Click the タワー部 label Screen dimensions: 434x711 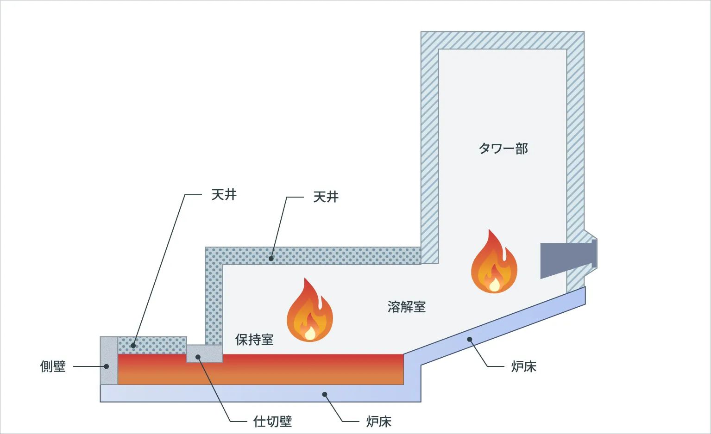[503, 149]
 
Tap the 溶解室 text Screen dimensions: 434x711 [406, 307]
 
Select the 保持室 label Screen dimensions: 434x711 [254, 340]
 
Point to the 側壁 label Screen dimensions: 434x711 [53, 366]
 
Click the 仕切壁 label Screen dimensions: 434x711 [272, 422]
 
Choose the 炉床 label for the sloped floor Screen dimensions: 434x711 [523, 366]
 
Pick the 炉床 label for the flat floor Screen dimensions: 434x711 [378, 422]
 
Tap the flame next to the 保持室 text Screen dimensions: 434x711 [309, 312]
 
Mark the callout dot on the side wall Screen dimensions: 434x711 [107, 366]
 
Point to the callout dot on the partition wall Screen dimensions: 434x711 [198, 357]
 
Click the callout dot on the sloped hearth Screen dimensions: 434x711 [469, 340]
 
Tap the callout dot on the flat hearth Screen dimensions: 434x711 [325, 395]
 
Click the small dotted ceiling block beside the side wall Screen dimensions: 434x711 [152, 345]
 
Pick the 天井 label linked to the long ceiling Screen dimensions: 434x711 [326, 197]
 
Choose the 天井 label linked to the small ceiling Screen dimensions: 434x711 [224, 195]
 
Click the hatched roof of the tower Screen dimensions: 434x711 [503, 40]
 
